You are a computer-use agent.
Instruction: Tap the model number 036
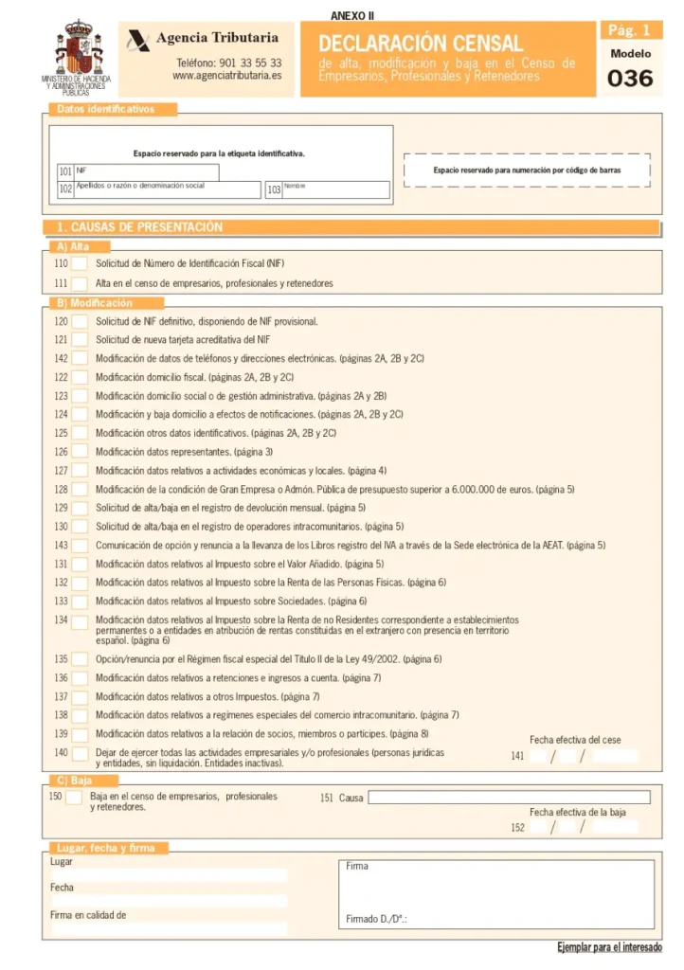coord(630,79)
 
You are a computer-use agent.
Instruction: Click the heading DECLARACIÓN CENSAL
coord(421,44)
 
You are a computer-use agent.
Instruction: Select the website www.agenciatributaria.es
coord(227,76)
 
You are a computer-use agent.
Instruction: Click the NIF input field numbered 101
coord(146,172)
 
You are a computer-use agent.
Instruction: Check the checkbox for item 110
coord(81,263)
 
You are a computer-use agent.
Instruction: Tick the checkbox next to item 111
coord(81,283)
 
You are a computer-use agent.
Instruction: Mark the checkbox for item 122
coord(81,377)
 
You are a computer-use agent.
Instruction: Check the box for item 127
coord(81,471)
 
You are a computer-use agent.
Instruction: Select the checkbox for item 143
coord(81,546)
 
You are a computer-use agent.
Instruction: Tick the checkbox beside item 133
coord(81,602)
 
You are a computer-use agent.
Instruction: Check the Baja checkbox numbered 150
coord(74,798)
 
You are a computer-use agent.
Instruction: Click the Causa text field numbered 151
coord(509,798)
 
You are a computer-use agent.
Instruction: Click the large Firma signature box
coord(495,893)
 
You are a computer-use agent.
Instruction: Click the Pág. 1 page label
coord(630,30)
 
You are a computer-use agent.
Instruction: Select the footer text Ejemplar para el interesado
coord(609,947)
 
